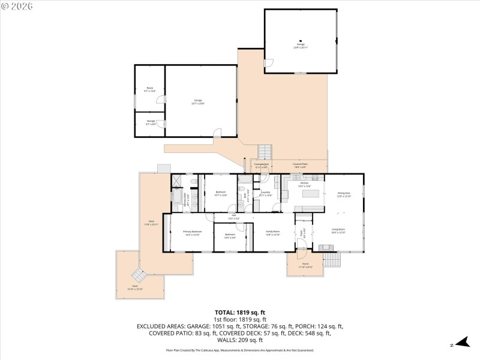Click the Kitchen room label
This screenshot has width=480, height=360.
[x=304, y=184]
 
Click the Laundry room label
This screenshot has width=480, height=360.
[x=265, y=193]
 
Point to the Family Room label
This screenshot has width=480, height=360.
[x=273, y=233]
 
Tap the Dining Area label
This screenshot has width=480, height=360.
[x=343, y=194]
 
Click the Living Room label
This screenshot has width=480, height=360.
[x=339, y=230]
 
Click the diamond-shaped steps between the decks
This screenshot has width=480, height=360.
[x=139, y=275]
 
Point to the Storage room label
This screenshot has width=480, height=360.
[x=151, y=122]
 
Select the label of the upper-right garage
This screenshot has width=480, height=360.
[x=301, y=45]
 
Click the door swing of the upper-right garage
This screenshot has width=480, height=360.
[x=269, y=62]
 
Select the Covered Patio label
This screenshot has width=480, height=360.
[x=301, y=165]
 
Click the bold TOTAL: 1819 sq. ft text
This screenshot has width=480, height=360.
[x=240, y=313]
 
